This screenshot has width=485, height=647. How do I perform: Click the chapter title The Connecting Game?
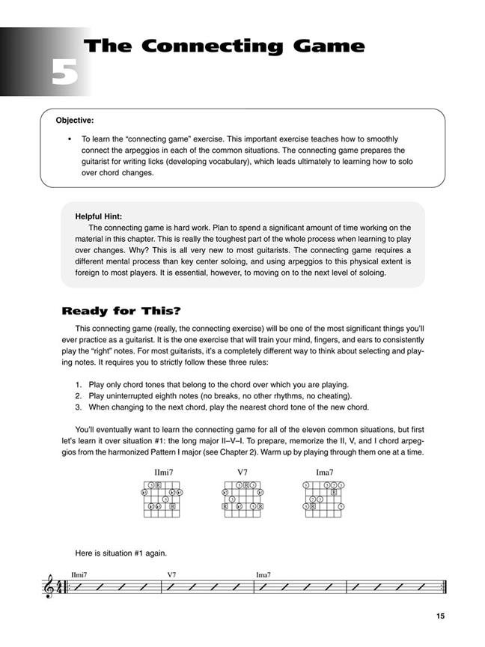pyautogui.click(x=225, y=46)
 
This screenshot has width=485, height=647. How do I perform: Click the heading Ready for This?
pyautogui.click(x=121, y=311)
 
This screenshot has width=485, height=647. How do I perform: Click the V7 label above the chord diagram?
pyautogui.click(x=242, y=473)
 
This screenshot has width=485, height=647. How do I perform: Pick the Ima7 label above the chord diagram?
pyautogui.click(x=324, y=473)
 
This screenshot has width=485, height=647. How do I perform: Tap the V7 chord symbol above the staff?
pyautogui.click(x=171, y=575)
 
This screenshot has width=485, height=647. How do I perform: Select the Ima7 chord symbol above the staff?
pyautogui.click(x=263, y=575)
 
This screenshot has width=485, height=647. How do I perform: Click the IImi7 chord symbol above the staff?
pyautogui.click(x=79, y=575)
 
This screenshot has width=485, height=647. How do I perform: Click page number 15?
pyautogui.click(x=439, y=616)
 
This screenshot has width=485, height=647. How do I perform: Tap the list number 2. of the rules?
pyautogui.click(x=79, y=395)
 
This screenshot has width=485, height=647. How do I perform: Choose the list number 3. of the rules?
pyautogui.click(x=79, y=407)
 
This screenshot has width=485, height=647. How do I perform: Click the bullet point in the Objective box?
pyautogui.click(x=69, y=139)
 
